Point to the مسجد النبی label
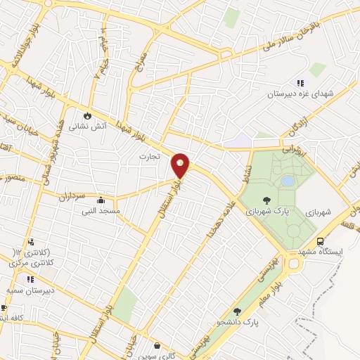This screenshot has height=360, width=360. click(x=101, y=210)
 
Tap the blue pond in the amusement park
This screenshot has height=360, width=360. click(x=288, y=181)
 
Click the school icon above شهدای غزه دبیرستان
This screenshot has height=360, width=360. click(x=301, y=83)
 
